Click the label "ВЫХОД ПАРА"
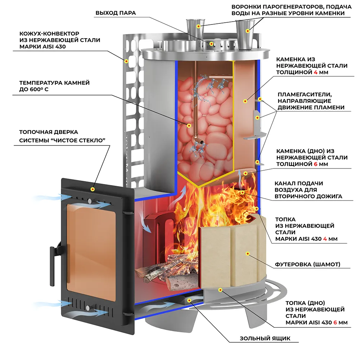pyautogui.click(x=116, y=13)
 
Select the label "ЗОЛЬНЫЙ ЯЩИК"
pyautogui.click(x=265, y=338)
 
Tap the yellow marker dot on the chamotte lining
pyautogui.click(x=247, y=254)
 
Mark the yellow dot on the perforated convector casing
pyautogui.click(x=126, y=61)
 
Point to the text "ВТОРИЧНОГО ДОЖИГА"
pyautogui.click(x=308, y=197)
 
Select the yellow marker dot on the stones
pyautogui.click(x=189, y=125)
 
